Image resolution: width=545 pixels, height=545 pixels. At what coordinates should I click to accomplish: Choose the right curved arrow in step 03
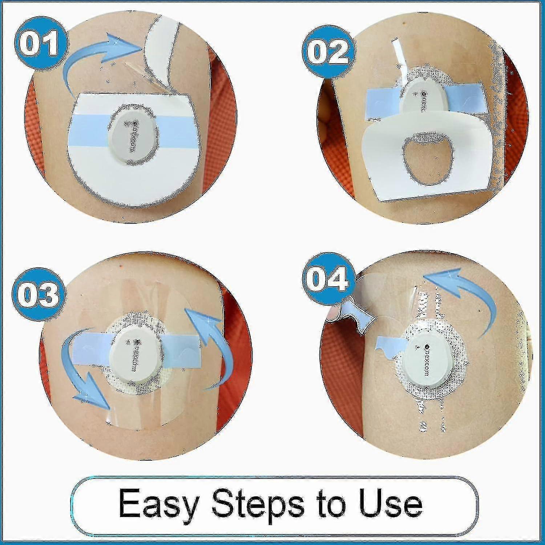[211, 345]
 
